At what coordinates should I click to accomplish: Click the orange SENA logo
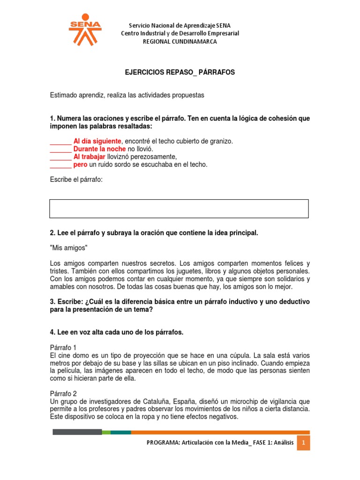(85, 29)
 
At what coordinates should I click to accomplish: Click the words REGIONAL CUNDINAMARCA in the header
(180, 41)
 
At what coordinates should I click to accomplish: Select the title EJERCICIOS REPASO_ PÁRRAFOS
(180, 73)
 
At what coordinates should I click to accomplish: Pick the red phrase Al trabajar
(89, 157)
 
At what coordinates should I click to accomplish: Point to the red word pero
(80, 165)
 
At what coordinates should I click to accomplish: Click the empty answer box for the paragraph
(179, 209)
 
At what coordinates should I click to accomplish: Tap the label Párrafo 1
(66, 347)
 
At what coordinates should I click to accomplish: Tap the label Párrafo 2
(66, 394)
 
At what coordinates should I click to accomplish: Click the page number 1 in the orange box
(303, 442)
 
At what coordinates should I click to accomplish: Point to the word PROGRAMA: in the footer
(163, 442)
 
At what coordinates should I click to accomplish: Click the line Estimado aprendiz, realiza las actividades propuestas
(127, 95)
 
